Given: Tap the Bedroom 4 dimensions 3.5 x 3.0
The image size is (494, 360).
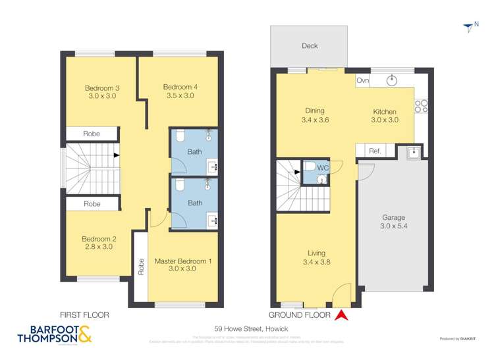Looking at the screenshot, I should pyautogui.click(x=180, y=95).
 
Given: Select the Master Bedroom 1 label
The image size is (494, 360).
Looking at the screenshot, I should pyautogui.click(x=183, y=261).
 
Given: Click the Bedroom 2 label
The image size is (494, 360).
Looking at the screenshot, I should pyautogui.click(x=99, y=238).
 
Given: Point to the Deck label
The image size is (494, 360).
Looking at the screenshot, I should pyautogui.click(x=310, y=46).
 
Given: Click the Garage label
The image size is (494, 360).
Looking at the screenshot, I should pyautogui.click(x=393, y=217).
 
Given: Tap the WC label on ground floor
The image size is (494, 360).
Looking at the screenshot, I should pyautogui.click(x=323, y=168).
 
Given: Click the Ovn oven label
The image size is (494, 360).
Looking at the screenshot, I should pyautogui.click(x=362, y=80).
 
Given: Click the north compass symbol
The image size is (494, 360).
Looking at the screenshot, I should pyautogui.click(x=470, y=26).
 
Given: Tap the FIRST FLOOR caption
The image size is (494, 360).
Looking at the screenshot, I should pyautogui.click(x=84, y=315).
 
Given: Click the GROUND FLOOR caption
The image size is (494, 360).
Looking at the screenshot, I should pyautogui.click(x=299, y=315).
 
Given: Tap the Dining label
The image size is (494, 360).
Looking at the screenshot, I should pyautogui.click(x=314, y=111).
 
